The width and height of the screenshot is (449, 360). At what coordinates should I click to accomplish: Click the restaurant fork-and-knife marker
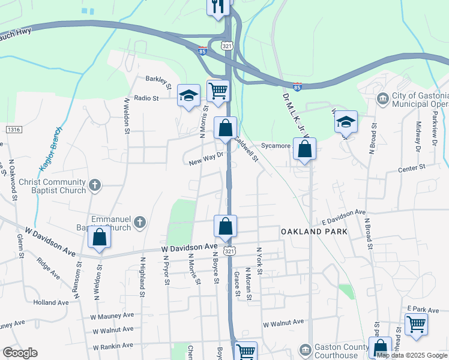click(x=218, y=7)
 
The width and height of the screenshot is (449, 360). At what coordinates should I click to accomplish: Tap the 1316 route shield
click(x=13, y=130)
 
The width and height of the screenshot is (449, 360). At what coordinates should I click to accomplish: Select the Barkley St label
click(x=158, y=78)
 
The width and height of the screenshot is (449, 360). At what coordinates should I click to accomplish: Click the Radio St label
click(x=146, y=98)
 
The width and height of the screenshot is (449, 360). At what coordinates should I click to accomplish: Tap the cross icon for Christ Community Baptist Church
click(x=95, y=185)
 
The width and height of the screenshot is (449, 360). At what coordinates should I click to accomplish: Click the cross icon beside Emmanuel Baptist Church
click(x=139, y=223)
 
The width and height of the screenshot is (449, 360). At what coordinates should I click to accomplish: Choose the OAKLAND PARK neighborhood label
click(x=308, y=231)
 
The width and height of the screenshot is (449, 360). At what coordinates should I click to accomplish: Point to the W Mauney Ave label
click(x=112, y=315)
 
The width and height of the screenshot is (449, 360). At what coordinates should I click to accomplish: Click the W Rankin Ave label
click(x=112, y=346)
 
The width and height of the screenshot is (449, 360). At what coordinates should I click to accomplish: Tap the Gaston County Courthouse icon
click(x=306, y=349)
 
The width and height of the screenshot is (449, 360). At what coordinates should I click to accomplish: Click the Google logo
click(x=20, y=353)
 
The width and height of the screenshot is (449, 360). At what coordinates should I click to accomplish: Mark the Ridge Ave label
click(x=48, y=269)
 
